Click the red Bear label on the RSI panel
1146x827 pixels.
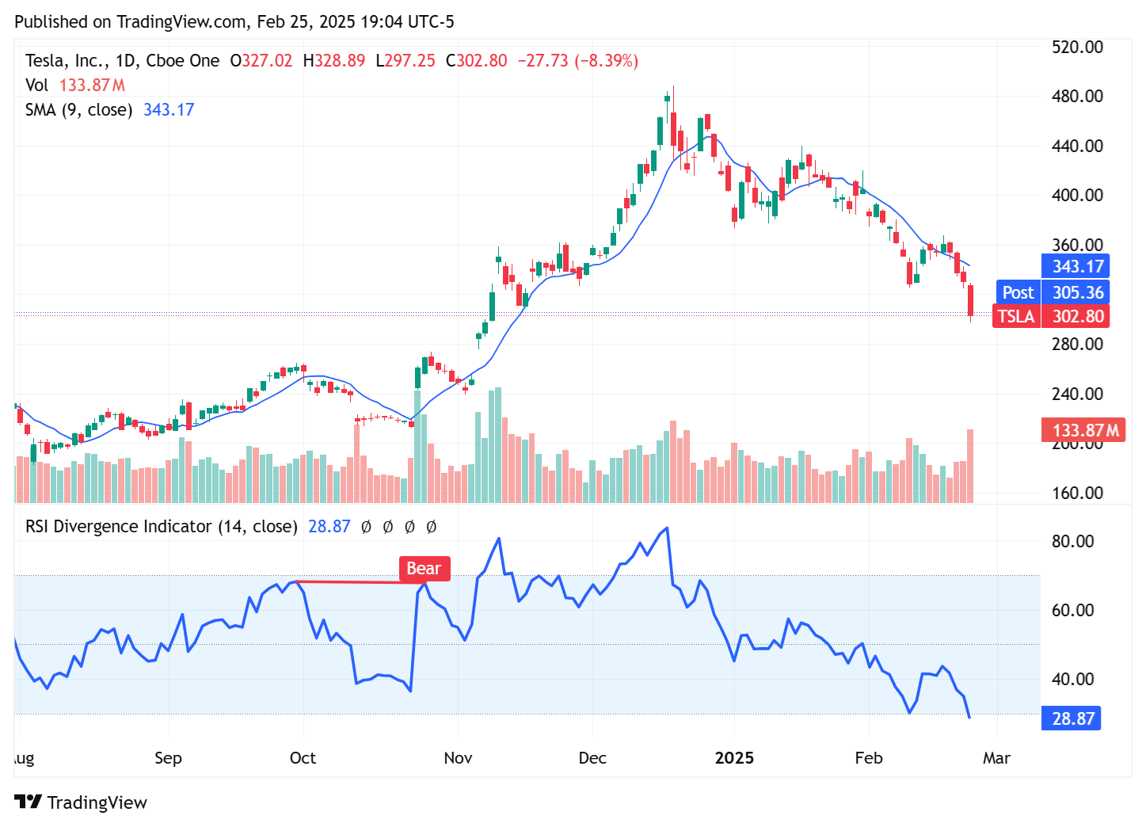[424, 569]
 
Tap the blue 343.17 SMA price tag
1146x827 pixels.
[1076, 267]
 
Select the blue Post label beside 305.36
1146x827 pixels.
[1018, 292]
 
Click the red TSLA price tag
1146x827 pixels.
[1016, 317]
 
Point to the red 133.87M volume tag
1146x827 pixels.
[1084, 431]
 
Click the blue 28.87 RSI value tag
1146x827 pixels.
[1072, 719]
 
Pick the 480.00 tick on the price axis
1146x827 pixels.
[1076, 97]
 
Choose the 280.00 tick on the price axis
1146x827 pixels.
[1076, 344]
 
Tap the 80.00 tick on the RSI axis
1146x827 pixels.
[1072, 542]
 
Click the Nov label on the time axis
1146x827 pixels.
[458, 758]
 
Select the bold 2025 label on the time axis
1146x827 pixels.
[734, 758]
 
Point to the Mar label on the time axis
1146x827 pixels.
[996, 758]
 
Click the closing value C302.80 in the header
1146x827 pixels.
[476, 61]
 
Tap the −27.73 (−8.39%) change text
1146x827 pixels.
[577, 61]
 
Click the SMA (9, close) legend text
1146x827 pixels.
[78, 110]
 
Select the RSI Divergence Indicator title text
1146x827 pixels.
[161, 527]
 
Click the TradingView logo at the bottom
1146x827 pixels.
[81, 802]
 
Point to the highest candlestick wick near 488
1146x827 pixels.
[673, 89]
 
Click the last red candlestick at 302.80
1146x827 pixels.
[970, 300]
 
